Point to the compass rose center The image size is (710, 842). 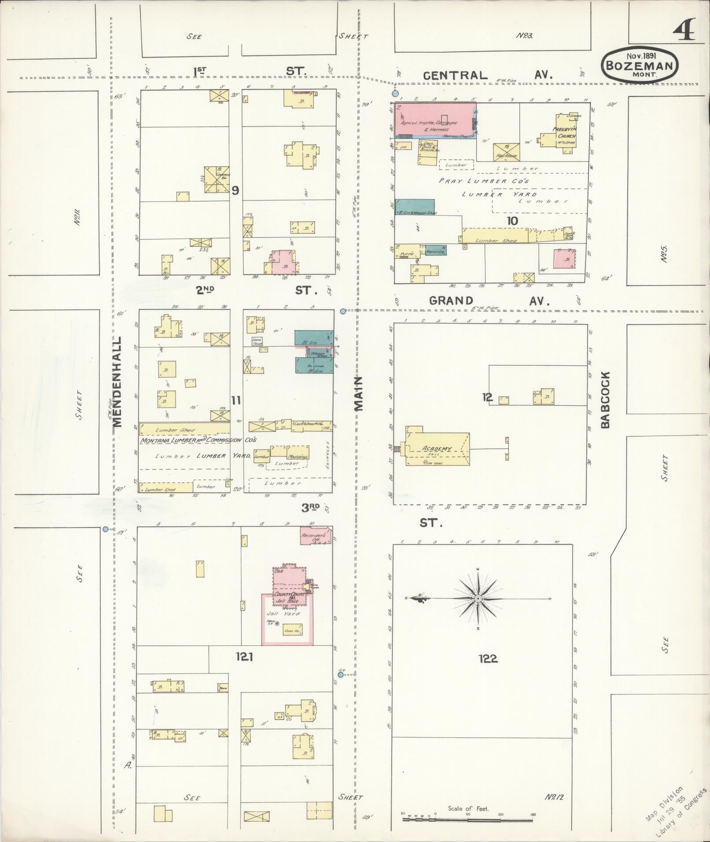[478, 599]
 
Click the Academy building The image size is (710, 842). [438, 449]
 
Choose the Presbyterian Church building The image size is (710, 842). [567, 133]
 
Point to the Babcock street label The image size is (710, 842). [605, 400]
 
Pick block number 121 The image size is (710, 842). [244, 657]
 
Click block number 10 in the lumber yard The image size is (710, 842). [512, 221]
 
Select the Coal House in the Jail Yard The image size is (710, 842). [292, 630]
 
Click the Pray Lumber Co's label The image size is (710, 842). [484, 181]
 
